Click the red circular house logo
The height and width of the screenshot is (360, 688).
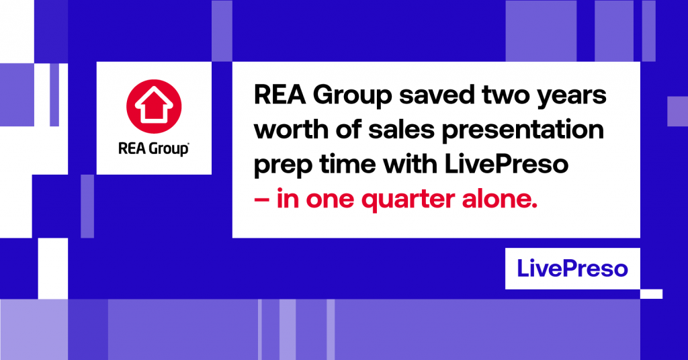(154, 107)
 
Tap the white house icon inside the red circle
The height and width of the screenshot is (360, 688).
(154, 105)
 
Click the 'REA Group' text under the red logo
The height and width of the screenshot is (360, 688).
(154, 148)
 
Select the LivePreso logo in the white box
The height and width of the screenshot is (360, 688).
(572, 269)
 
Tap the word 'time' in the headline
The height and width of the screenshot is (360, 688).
(347, 165)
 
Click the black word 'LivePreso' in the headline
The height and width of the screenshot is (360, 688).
(507, 165)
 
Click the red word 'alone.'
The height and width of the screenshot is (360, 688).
(500, 199)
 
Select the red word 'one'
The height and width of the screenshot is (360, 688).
(330, 200)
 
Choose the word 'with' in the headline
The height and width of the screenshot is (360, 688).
(411, 165)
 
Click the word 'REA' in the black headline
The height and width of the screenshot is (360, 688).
(280, 95)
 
